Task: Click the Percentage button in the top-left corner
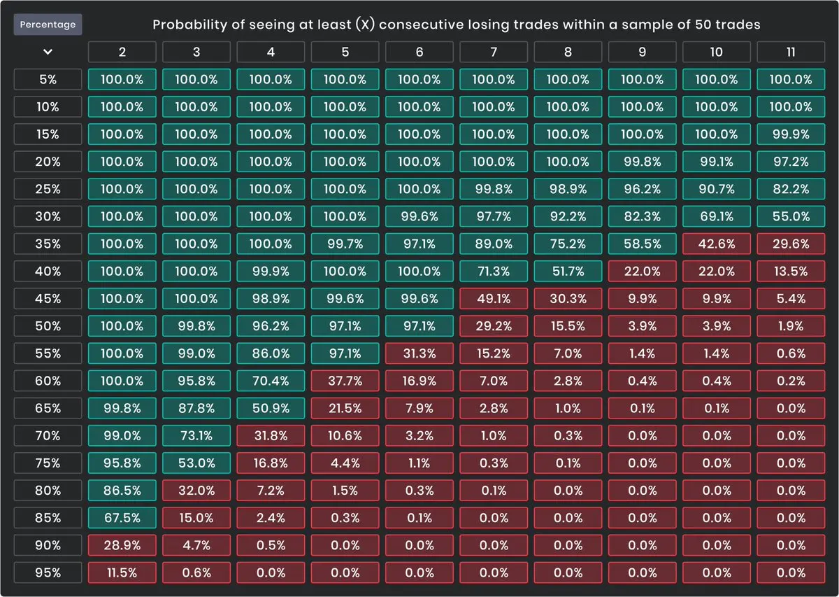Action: tap(48, 24)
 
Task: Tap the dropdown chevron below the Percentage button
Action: tap(48, 52)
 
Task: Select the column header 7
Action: tap(493, 52)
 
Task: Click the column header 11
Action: tap(790, 52)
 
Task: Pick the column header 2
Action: tap(122, 52)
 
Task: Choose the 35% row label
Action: tap(48, 244)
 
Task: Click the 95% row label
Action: tap(48, 573)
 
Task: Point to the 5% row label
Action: tap(48, 79)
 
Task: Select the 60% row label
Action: tap(48, 381)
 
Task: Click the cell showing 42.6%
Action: tap(716, 244)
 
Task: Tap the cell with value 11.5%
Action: tap(122, 573)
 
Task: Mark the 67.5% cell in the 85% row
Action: tap(122, 518)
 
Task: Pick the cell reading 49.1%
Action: tap(493, 299)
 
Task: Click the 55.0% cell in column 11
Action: tap(790, 216)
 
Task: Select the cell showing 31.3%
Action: tap(419, 353)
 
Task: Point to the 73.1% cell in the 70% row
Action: tap(196, 435)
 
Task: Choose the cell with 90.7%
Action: tap(716, 189)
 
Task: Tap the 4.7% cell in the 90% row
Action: tap(196, 545)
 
